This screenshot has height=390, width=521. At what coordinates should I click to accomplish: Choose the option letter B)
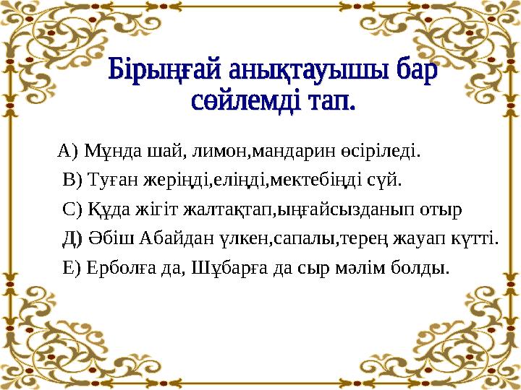(74, 179)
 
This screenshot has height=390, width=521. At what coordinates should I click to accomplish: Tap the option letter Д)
(74, 239)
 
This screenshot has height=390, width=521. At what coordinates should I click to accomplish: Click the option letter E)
(73, 269)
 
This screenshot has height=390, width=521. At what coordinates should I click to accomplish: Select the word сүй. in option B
(384, 179)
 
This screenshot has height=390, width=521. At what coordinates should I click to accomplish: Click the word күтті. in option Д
(478, 239)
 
